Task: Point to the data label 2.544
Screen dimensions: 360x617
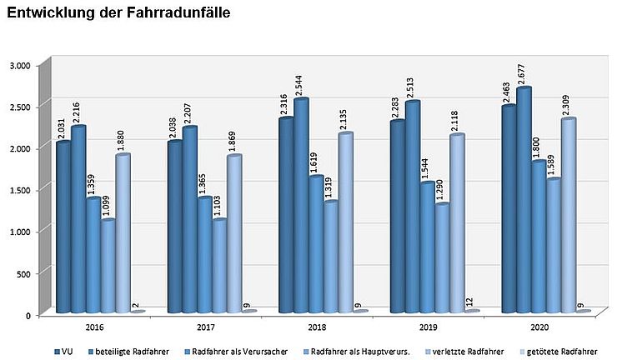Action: click(301, 84)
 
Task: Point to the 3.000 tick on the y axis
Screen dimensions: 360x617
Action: click(19, 65)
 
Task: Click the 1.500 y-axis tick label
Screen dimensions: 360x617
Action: click(19, 190)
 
